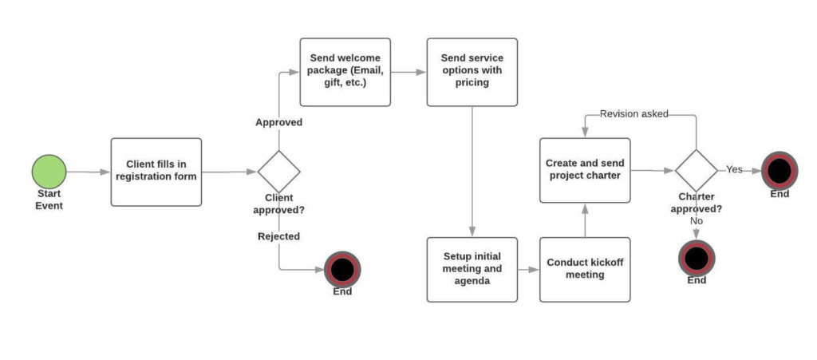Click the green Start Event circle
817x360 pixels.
49,171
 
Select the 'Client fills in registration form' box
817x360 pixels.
156,172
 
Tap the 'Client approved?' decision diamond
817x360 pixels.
278,171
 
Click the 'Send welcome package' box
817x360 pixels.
345,72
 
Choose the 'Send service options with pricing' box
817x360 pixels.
472,72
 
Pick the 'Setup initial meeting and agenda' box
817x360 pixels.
472,269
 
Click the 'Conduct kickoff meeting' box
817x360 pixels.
585,269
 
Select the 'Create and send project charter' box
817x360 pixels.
585,169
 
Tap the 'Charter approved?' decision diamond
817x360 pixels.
696,170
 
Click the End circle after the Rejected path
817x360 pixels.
342,269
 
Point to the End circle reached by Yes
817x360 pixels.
779,170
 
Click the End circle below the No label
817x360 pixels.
696,258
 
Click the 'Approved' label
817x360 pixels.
278,122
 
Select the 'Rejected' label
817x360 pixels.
278,236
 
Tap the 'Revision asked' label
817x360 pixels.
633,114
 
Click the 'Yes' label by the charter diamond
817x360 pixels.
734,169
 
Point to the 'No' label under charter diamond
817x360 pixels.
697,221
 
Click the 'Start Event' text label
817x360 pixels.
49,200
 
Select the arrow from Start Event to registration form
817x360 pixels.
88,172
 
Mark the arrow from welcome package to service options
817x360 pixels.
408,72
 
